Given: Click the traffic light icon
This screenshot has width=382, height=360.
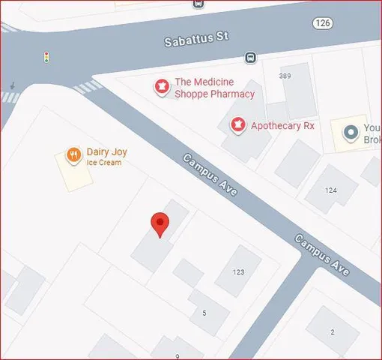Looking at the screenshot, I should [46, 57].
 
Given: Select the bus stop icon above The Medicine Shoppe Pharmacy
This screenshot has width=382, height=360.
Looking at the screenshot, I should [250, 58].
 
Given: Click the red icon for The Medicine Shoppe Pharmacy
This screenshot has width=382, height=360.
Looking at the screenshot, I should [160, 88].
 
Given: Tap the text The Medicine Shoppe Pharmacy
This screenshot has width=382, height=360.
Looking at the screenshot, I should [214, 88].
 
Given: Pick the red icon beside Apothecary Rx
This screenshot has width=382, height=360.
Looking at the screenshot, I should [238, 125].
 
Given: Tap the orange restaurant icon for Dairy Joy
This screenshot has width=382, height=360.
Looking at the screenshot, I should [73, 155].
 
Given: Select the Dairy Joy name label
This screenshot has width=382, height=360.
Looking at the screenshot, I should [104, 151].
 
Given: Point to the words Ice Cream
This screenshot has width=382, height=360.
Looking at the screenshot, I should [104, 163].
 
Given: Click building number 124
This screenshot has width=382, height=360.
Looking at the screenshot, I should [331, 190].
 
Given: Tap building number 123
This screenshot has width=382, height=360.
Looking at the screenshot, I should [239, 271].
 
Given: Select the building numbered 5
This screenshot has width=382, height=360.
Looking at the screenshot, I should [204, 311].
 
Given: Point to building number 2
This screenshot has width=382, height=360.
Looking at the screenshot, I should [333, 331].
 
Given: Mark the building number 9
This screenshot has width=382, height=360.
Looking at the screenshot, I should [178, 355].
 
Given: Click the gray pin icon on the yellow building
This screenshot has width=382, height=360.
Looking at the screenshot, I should [350, 133].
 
